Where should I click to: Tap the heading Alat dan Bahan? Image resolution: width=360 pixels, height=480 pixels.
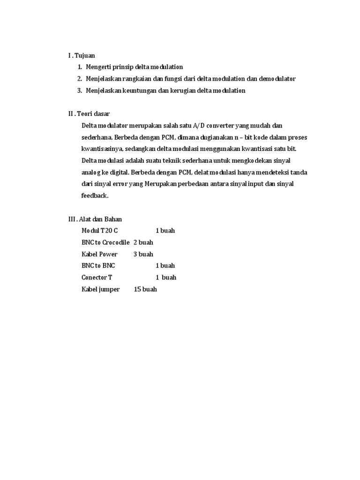(x=102, y=219)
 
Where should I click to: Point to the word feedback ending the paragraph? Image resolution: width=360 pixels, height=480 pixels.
(x=95, y=195)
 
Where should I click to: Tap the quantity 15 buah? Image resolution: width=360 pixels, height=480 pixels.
(x=145, y=289)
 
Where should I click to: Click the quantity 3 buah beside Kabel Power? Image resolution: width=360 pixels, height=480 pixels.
(x=143, y=254)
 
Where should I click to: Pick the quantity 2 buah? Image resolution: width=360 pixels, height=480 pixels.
(x=143, y=242)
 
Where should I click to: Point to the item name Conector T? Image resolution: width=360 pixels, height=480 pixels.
(x=97, y=277)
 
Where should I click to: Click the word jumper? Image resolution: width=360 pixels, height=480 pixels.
(x=109, y=289)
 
